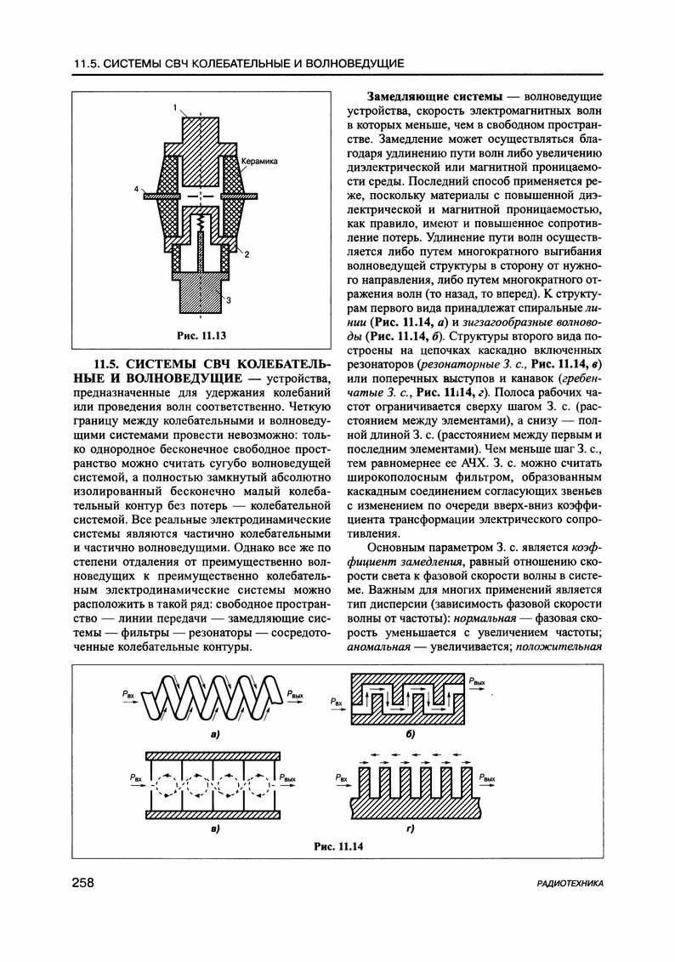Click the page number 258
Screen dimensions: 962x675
tap(84, 885)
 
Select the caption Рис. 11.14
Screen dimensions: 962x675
tap(337, 847)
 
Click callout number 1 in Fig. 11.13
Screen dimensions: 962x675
tap(173, 108)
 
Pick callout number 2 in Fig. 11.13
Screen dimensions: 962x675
tap(246, 253)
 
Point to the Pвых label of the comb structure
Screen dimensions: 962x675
tap(487, 777)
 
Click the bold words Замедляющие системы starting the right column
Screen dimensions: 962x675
tap(432, 97)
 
